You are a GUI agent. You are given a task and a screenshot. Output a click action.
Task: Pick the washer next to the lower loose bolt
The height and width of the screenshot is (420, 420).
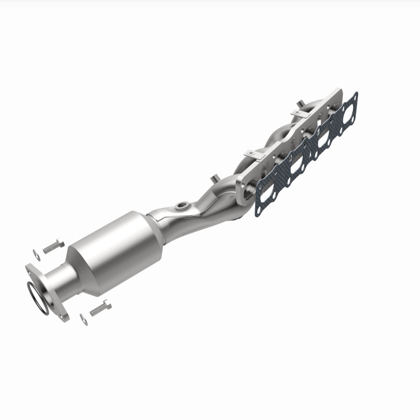point(84,318)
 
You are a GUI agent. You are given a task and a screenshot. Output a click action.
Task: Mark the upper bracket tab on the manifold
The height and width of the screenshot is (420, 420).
point(297,111)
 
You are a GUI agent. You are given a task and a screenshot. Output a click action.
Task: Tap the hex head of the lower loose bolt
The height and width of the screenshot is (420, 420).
point(107,304)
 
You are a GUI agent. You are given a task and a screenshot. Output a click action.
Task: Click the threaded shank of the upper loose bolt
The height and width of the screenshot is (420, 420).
point(48,248)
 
